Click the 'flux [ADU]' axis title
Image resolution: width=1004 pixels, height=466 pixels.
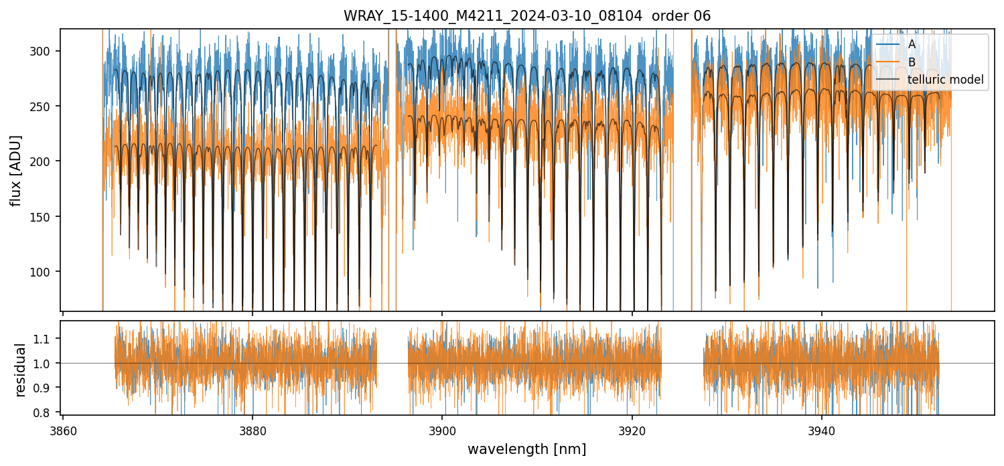click(15, 170)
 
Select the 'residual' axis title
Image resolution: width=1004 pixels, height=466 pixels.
click(20, 370)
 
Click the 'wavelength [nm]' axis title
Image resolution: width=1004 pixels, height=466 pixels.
click(526, 449)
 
